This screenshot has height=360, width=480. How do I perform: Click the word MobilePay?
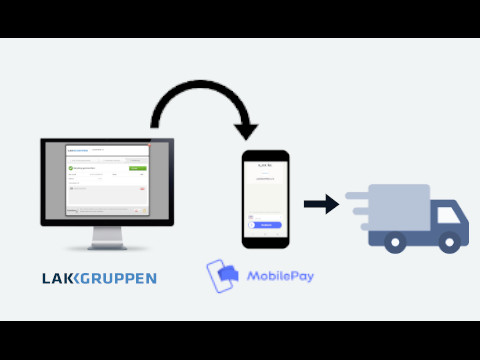click(x=279, y=273)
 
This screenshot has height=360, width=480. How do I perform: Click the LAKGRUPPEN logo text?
click(x=99, y=277)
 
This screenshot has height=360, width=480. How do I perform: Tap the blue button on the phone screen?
click(x=265, y=225)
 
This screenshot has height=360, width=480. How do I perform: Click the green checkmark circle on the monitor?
click(x=72, y=169)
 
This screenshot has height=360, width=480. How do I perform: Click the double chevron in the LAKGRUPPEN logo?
click(x=75, y=277)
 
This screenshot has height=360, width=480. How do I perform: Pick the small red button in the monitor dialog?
click(x=141, y=187)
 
